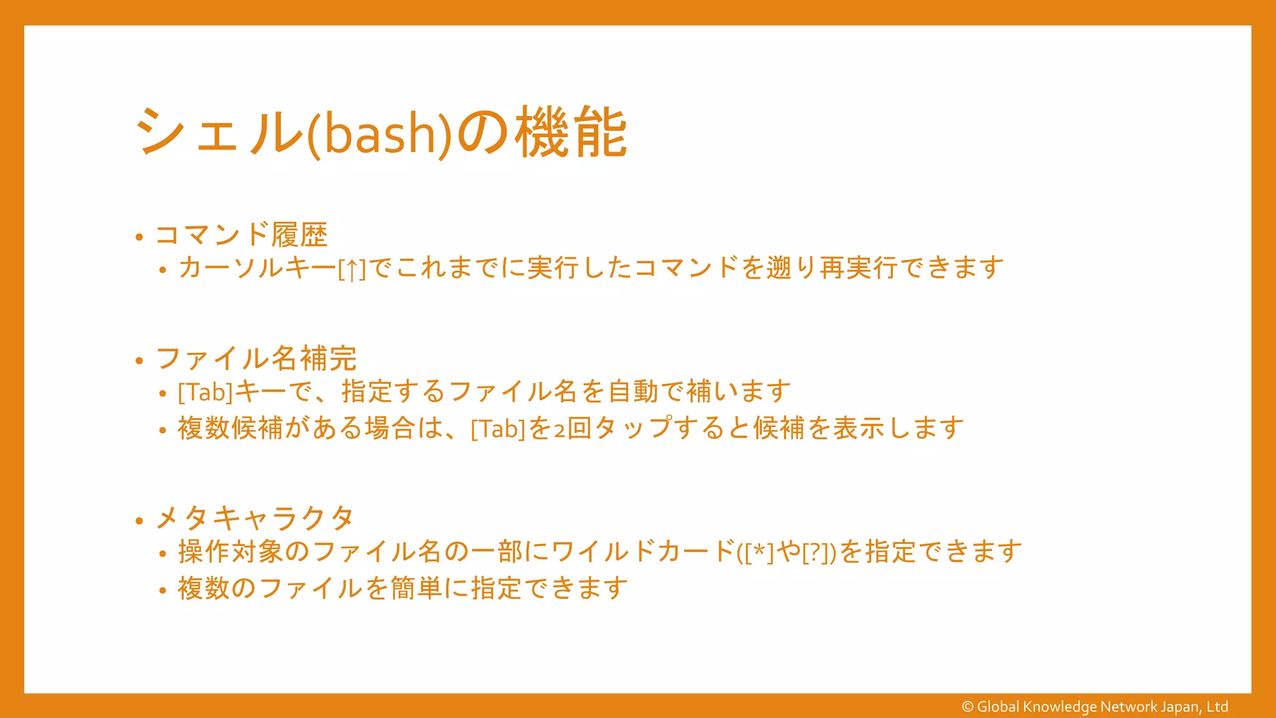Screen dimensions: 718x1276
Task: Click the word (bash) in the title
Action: point(379,135)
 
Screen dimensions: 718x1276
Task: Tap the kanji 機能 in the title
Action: point(571,132)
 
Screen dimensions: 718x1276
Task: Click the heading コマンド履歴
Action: point(241,235)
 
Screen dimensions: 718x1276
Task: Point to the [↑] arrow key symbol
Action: point(352,269)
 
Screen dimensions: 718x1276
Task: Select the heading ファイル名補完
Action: point(256,358)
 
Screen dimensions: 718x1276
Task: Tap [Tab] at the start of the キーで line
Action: point(205,392)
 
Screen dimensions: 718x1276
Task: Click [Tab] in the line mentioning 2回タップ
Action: point(498,429)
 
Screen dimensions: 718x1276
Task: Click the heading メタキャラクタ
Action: point(255,518)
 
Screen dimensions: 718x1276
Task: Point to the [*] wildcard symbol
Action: point(758,553)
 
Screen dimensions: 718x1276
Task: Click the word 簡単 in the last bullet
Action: point(416,588)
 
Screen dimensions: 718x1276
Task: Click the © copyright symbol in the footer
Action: point(968,707)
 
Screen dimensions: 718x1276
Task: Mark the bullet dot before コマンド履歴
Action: point(140,237)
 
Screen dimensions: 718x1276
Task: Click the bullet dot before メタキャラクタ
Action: point(140,520)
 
